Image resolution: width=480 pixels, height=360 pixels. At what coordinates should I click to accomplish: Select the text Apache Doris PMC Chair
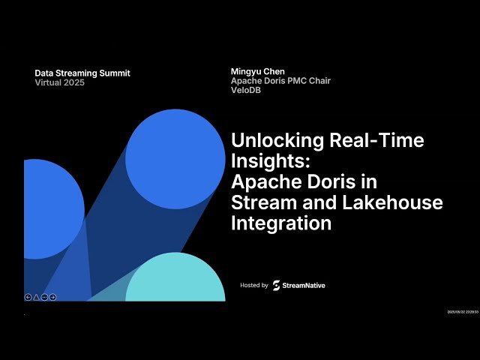[280, 81]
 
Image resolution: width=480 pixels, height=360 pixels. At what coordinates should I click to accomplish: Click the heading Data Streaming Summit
[82, 73]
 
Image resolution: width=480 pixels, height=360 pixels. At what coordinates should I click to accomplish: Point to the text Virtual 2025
[60, 82]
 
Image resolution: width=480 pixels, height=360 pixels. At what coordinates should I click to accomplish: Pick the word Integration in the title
[281, 223]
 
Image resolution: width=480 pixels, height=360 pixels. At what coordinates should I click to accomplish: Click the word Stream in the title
[262, 202]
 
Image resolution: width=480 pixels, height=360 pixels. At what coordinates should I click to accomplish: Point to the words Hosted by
[254, 286]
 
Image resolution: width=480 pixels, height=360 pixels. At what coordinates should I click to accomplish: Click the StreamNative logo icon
[276, 286]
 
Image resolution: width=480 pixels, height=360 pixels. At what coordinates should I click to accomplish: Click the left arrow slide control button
[28, 297]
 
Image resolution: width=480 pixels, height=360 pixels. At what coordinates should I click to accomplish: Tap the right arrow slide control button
[53, 297]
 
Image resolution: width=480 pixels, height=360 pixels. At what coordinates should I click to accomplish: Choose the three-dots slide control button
[45, 297]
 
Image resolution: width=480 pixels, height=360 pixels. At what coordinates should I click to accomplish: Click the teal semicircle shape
[175, 279]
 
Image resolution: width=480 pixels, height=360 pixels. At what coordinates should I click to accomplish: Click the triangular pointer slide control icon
[37, 297]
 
